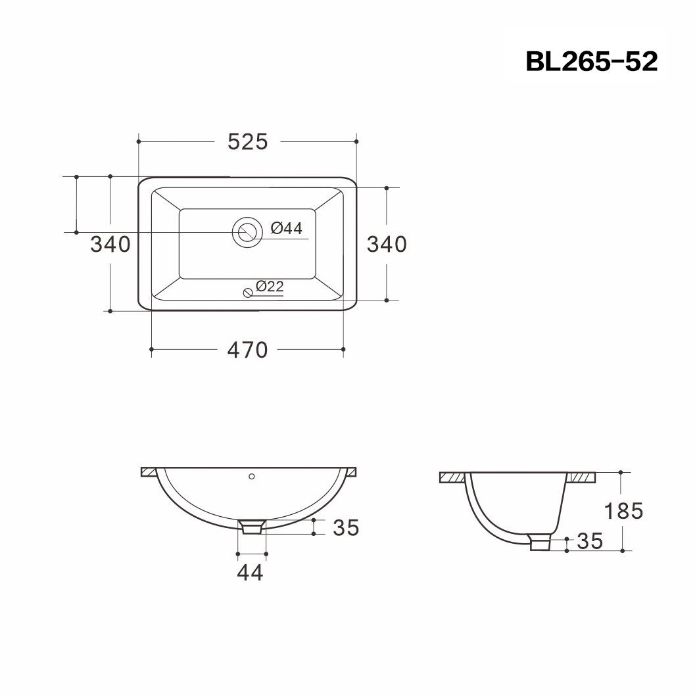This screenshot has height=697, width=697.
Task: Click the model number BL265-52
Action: (591, 62)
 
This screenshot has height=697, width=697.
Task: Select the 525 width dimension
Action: (248, 141)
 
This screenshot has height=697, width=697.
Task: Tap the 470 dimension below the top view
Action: (248, 350)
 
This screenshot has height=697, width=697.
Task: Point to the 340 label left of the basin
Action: (110, 245)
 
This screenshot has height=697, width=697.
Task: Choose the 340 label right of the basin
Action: (387, 245)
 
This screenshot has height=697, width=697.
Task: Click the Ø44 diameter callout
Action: (286, 229)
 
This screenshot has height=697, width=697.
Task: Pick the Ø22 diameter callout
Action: (270, 286)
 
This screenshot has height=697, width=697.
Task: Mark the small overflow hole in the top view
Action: (247, 293)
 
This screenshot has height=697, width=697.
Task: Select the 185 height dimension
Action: (623, 510)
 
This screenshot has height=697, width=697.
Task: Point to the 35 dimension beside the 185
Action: (589, 541)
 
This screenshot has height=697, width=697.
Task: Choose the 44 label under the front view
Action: (250, 573)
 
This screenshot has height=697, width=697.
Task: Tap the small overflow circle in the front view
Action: (251, 475)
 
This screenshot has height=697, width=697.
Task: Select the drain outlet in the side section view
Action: (541, 542)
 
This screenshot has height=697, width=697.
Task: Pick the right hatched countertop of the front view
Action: (350, 472)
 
